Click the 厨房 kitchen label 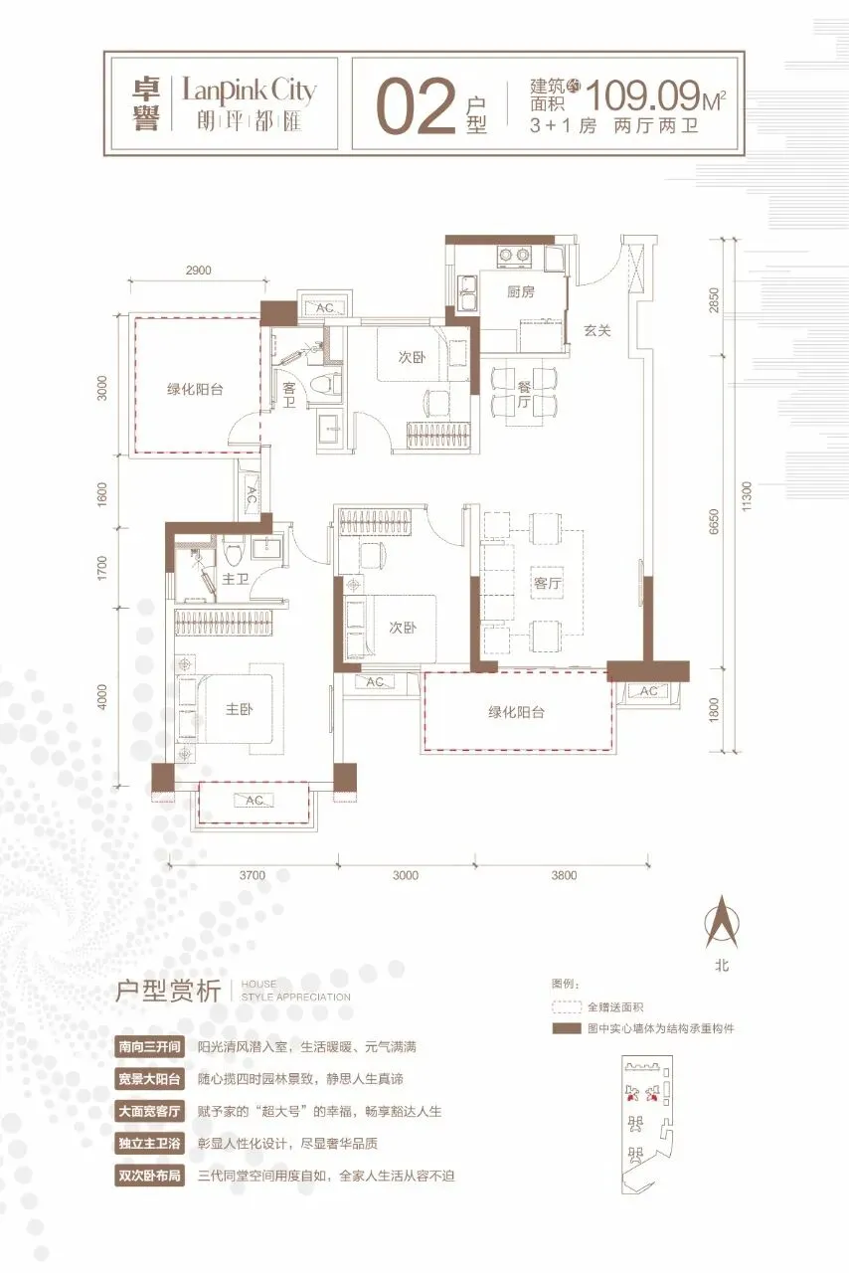(521, 292)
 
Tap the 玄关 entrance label (596, 330)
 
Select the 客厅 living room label (547, 583)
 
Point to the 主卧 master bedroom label (239, 709)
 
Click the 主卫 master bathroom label (236, 579)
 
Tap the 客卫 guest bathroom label (289, 396)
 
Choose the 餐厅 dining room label (524, 395)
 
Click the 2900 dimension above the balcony (198, 271)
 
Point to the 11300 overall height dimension (747, 496)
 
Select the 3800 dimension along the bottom (564, 875)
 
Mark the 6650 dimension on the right (715, 521)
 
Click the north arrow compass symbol (722, 922)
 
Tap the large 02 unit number (417, 108)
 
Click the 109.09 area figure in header (642, 95)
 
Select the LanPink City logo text (249, 91)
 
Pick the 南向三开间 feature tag (149, 1046)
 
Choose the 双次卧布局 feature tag (149, 1176)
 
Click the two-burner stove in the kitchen (514, 256)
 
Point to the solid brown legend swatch (566, 1028)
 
